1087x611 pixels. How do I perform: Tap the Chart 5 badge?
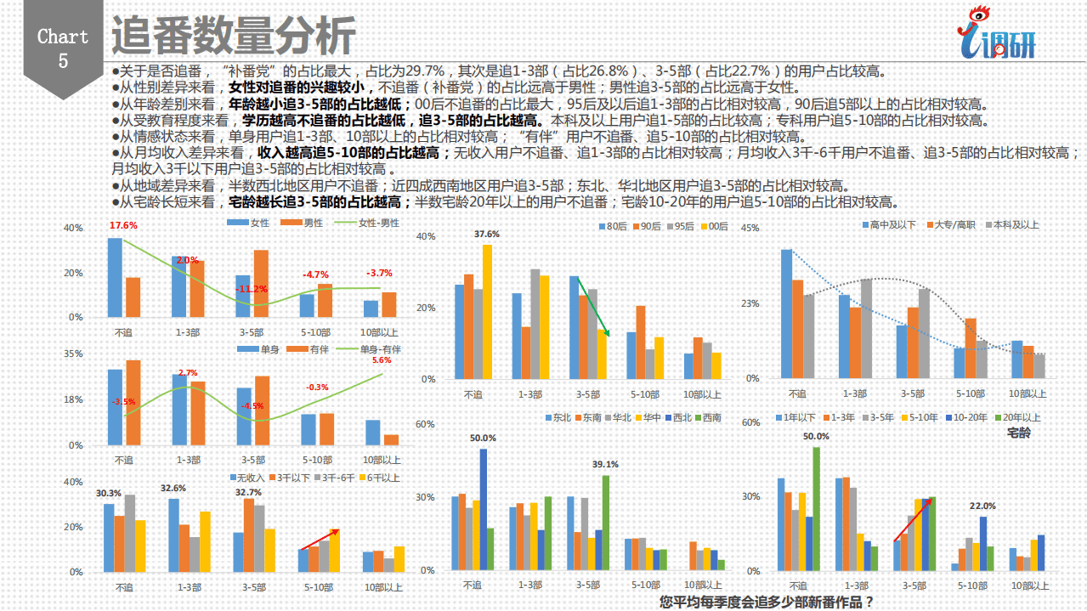coord(63,48)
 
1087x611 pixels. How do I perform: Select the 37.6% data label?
coord(487,234)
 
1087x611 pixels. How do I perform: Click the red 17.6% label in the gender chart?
coord(123,226)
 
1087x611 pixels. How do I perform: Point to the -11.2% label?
coord(252,289)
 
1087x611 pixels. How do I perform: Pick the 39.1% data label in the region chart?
coord(605,465)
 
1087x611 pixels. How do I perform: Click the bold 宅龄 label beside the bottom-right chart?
coord(1018,433)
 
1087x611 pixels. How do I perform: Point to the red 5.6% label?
coord(382,360)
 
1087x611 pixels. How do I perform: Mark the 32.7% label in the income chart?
coord(248,492)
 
